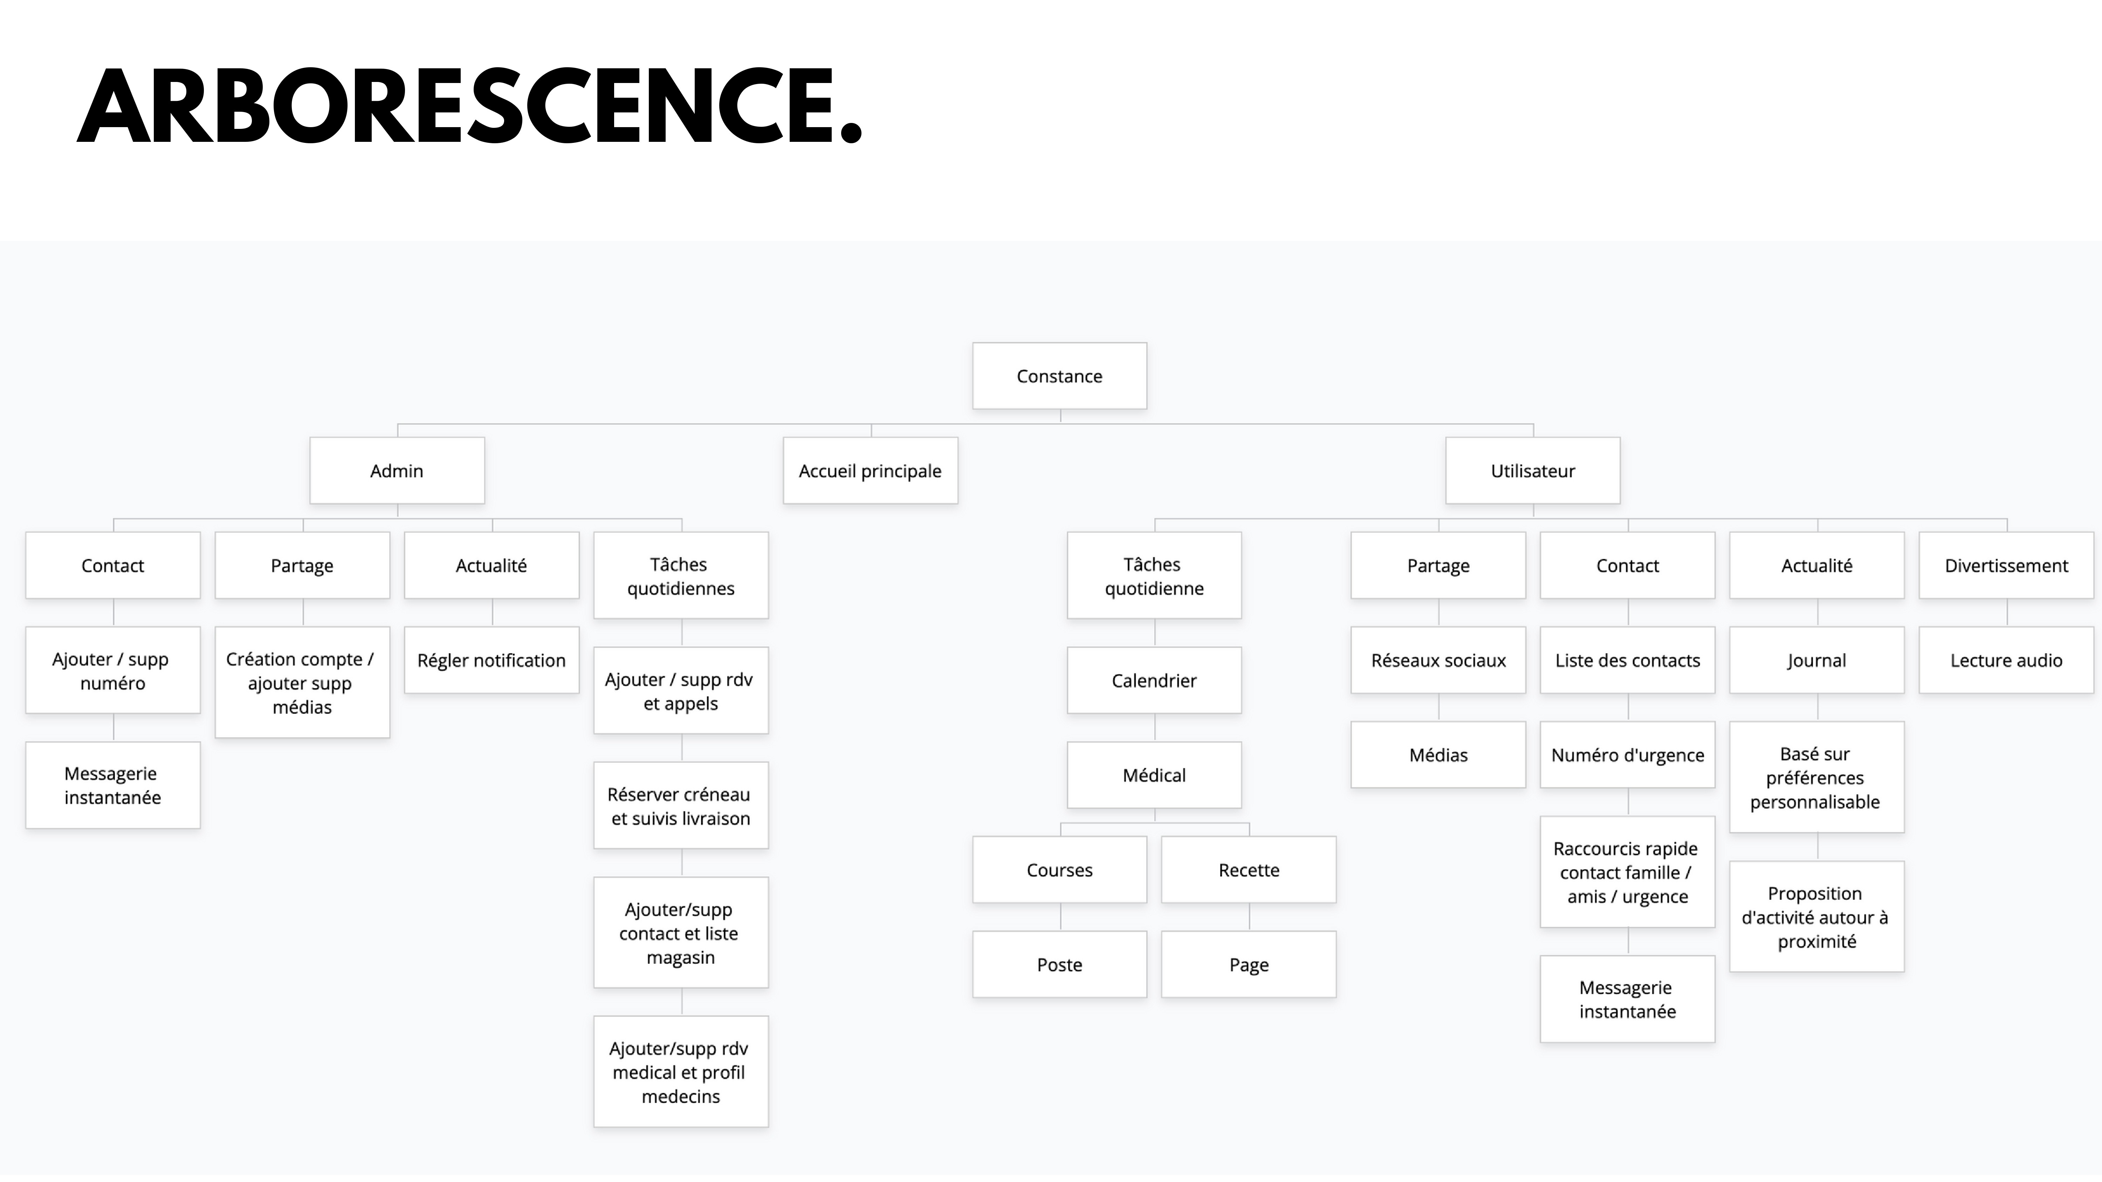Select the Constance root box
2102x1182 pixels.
coord(1059,376)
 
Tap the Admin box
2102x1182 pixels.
coord(397,471)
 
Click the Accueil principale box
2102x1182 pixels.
coord(870,471)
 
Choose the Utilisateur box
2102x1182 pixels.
coord(1532,471)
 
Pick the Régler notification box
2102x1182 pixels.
coord(491,660)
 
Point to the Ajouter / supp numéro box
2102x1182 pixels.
coord(112,671)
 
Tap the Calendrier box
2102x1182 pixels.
coord(1154,680)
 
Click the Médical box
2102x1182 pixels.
coord(1154,775)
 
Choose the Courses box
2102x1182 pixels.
coord(1059,870)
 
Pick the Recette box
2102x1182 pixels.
coord(1249,870)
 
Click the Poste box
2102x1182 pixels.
coord(1059,964)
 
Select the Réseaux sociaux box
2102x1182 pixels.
coord(1438,660)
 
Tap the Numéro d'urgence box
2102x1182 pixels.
coord(1627,755)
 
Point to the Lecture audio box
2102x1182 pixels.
coord(2006,660)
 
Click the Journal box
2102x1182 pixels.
coord(1816,660)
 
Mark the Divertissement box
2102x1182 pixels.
coord(2006,565)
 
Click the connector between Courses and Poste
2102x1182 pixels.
coord(1060,917)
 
